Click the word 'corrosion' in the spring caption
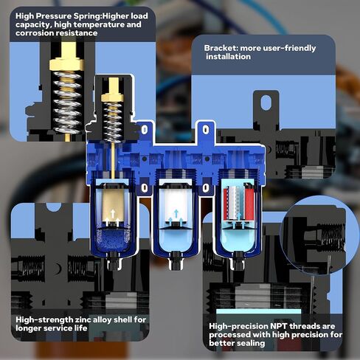[34, 34]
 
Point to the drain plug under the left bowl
[113, 260]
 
